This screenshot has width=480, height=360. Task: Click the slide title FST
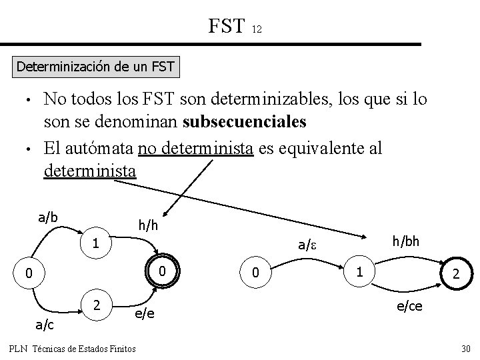click(227, 26)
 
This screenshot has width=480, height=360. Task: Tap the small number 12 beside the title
click(257, 29)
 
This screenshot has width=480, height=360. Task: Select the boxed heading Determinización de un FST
click(95, 67)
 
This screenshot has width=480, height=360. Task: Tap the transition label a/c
click(45, 324)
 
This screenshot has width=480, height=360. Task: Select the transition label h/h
click(147, 226)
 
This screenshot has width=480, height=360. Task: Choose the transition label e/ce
click(411, 306)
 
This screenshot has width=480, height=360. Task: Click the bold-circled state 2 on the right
click(455, 274)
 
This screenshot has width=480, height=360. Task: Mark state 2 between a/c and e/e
click(97, 305)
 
